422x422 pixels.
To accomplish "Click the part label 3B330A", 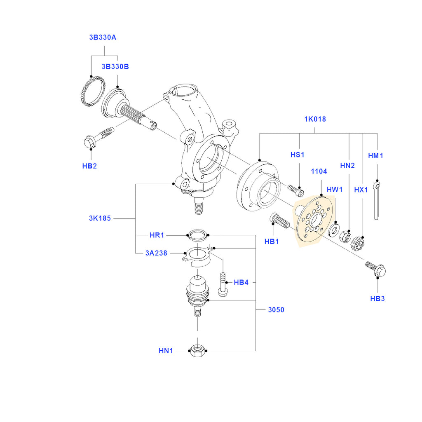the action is (103, 38).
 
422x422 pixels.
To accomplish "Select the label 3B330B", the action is (115, 67).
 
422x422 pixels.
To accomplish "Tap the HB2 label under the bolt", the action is (89, 166).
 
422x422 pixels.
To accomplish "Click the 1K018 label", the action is (315, 120).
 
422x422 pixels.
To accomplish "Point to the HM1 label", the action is (375, 156).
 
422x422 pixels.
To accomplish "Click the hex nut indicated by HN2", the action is (345, 236).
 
